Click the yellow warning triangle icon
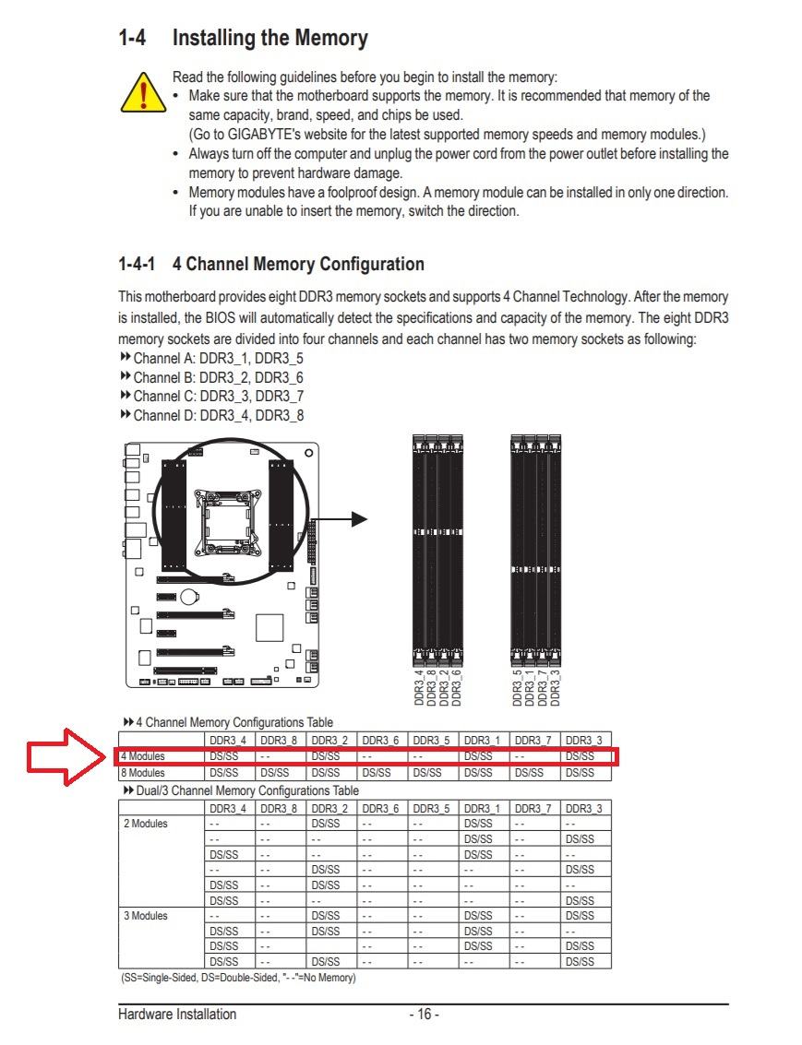(143, 90)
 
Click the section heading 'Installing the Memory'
(269, 39)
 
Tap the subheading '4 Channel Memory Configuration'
(298, 264)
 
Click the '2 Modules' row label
(146, 823)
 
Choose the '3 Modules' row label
(146, 916)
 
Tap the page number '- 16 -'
(424, 1015)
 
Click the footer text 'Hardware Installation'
(177, 1015)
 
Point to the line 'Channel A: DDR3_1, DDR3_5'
(218, 358)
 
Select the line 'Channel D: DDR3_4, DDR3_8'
(218, 415)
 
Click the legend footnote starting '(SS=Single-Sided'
(237, 977)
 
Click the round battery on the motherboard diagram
(188, 596)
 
